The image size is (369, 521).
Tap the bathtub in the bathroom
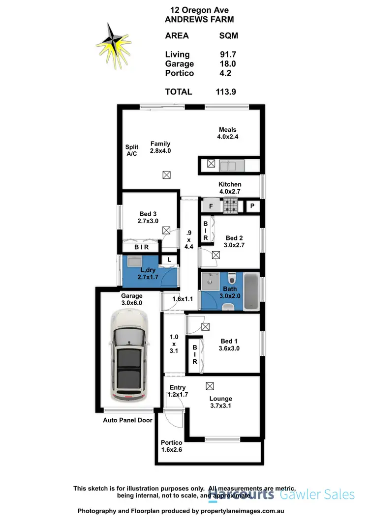[x=251, y=293]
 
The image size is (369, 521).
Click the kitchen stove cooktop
[x=230, y=206]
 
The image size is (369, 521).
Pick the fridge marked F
[x=211, y=206]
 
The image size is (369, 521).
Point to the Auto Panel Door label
[x=127, y=420]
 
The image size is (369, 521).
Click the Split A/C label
[x=131, y=150]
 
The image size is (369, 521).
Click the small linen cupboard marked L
[x=168, y=260]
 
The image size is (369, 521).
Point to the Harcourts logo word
[x=241, y=494]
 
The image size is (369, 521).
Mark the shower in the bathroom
[x=212, y=280]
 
